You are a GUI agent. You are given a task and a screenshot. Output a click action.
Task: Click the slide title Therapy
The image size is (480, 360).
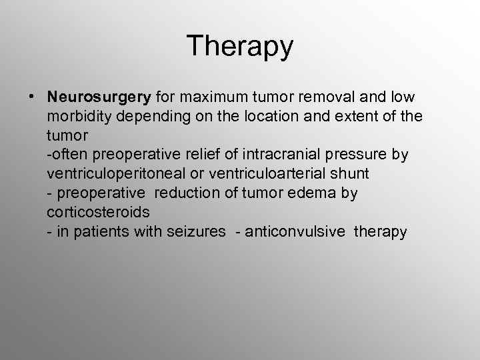pyautogui.click(x=240, y=46)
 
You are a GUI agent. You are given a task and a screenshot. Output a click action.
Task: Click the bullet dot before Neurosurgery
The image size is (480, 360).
pyautogui.click(x=32, y=95)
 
